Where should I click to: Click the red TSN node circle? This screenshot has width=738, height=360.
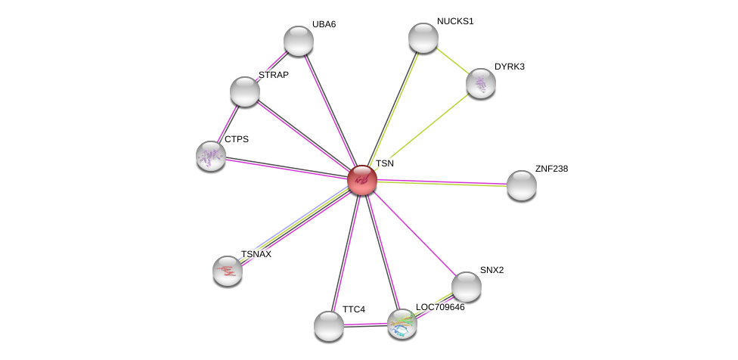click(x=362, y=180)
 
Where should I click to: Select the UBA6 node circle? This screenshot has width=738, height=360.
click(x=299, y=41)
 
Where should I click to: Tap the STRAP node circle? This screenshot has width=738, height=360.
click(x=245, y=92)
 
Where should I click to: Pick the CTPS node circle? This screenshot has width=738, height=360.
click(x=211, y=156)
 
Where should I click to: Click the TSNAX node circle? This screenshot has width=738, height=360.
click(x=228, y=271)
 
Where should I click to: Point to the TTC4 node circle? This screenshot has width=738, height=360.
click(x=329, y=326)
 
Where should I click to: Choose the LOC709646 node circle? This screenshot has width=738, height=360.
click(x=402, y=324)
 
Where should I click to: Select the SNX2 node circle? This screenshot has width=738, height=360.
click(x=467, y=287)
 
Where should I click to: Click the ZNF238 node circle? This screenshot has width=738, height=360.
click(x=522, y=185)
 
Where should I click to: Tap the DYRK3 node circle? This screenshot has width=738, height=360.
click(x=481, y=83)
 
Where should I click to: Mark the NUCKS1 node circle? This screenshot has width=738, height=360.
click(x=423, y=38)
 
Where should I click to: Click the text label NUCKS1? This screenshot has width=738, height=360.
click(x=455, y=21)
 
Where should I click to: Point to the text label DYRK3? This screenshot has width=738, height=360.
click(x=510, y=67)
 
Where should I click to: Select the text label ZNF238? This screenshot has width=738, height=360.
click(x=551, y=169)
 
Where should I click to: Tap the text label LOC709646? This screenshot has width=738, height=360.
click(x=440, y=307)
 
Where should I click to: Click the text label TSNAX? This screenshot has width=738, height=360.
click(x=256, y=254)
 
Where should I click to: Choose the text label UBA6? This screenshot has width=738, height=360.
click(x=324, y=24)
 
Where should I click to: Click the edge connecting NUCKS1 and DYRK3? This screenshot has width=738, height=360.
click(x=452, y=61)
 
